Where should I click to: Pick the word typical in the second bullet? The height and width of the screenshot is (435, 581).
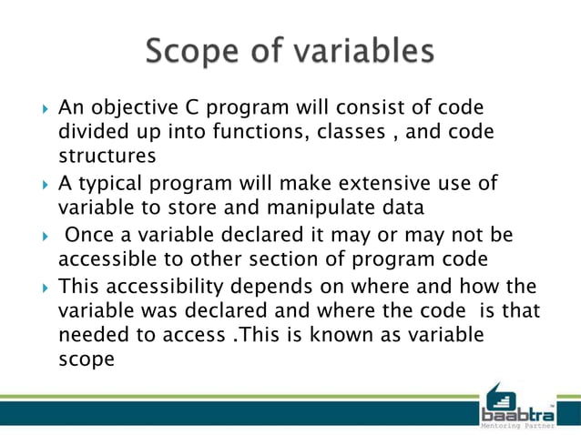tap(112, 183)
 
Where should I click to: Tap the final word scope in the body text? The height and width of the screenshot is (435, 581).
tap(86, 359)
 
